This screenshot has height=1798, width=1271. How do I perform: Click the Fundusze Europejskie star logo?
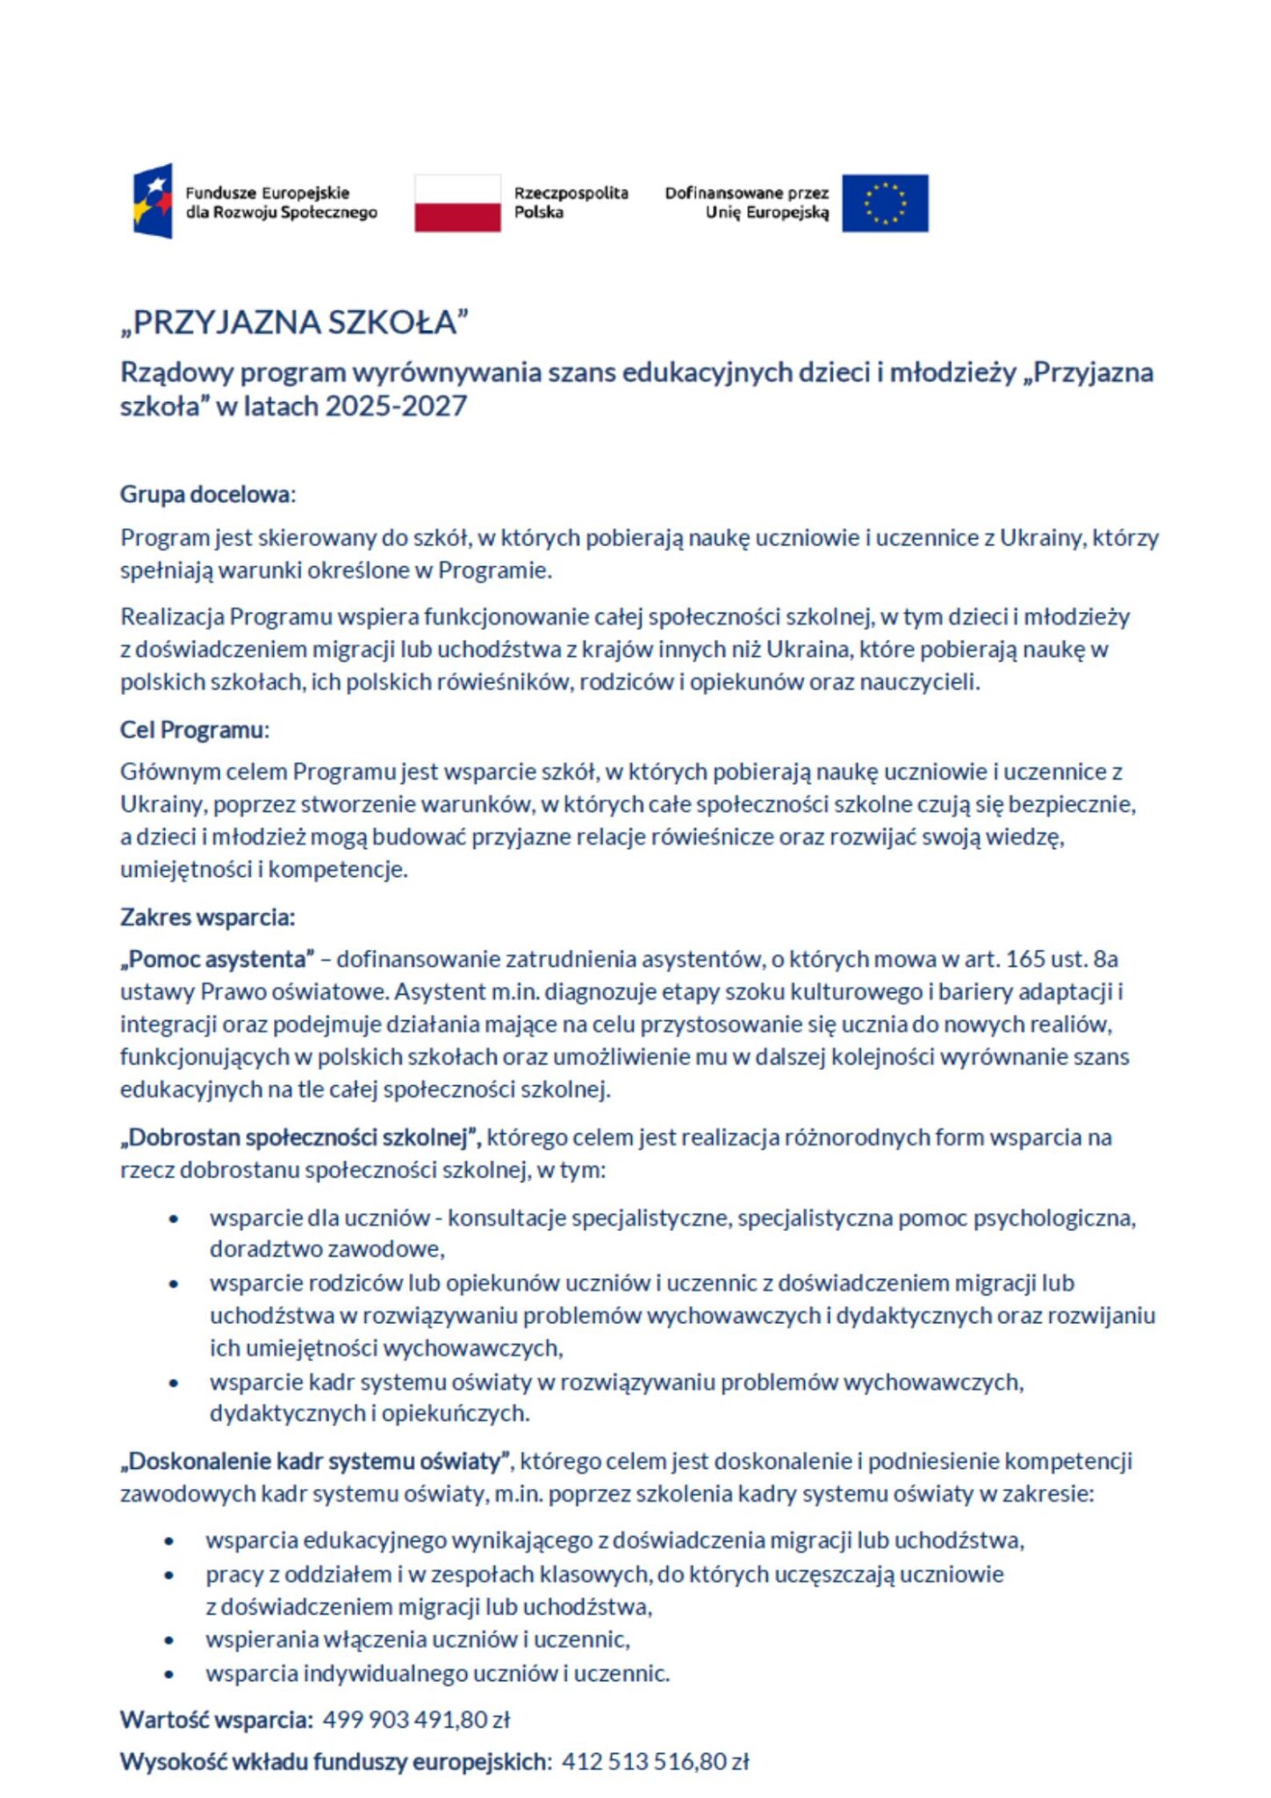pyautogui.click(x=153, y=201)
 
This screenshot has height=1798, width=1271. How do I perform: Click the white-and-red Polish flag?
pyautogui.click(x=457, y=203)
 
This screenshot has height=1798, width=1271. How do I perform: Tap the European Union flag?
pyautogui.click(x=885, y=203)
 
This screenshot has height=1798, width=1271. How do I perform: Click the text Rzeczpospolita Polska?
pyautogui.click(x=571, y=203)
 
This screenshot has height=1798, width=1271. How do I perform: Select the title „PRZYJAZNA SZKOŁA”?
pyautogui.click(x=295, y=322)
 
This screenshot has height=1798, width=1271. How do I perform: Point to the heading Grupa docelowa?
pyautogui.click(x=207, y=494)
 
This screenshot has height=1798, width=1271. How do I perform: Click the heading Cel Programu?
pyautogui.click(x=194, y=730)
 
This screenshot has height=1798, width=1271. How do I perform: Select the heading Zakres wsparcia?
pyautogui.click(x=207, y=917)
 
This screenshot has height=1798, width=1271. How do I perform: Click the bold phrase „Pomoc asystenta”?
pyautogui.click(x=218, y=959)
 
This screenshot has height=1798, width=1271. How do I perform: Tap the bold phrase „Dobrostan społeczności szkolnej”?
pyautogui.click(x=300, y=1138)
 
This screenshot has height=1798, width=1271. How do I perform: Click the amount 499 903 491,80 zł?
pyautogui.click(x=416, y=1719)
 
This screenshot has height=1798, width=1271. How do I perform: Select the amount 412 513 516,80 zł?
pyautogui.click(x=655, y=1761)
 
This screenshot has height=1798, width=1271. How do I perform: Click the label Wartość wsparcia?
pyautogui.click(x=216, y=1719)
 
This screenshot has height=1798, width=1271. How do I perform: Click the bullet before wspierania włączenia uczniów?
pyautogui.click(x=169, y=1640)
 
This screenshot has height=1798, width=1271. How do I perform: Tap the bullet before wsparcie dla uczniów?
pyautogui.click(x=174, y=1219)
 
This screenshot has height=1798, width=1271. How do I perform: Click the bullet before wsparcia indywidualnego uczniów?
pyautogui.click(x=169, y=1673)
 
